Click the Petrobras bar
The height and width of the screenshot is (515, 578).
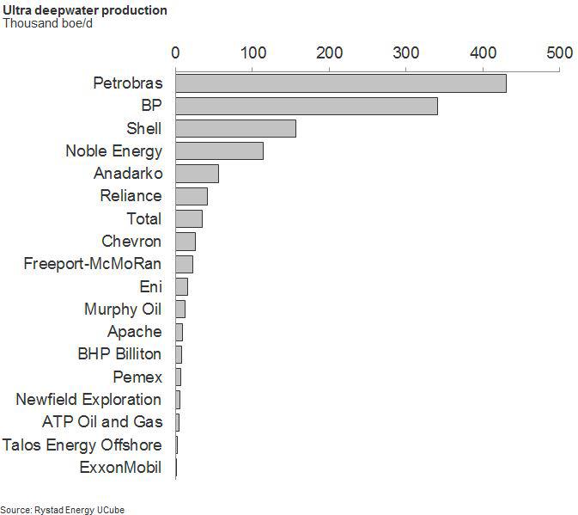pyautogui.click(x=341, y=83)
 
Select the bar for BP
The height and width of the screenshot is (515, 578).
pyautogui.click(x=307, y=106)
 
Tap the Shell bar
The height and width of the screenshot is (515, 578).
pyautogui.click(x=236, y=129)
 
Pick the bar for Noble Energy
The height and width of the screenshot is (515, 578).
pyautogui.click(x=219, y=151)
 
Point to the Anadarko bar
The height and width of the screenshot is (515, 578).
pyautogui.click(x=197, y=174)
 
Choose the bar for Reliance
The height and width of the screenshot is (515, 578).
pyautogui.click(x=192, y=196)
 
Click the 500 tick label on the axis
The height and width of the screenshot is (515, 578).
pyautogui.click(x=560, y=52)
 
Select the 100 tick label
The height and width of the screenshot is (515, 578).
pyautogui.click(x=252, y=52)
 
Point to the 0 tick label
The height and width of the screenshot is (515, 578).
pyautogui.click(x=176, y=52)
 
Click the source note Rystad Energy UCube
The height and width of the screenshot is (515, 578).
pyautogui.click(x=63, y=510)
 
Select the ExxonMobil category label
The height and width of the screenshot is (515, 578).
pyautogui.click(x=120, y=468)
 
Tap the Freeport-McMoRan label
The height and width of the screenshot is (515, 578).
pyautogui.click(x=93, y=264)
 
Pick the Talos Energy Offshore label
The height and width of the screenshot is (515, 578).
pyautogui.click(x=82, y=445)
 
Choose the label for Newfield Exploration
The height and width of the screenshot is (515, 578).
pyautogui.click(x=88, y=400)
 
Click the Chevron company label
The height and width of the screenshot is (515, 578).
pyautogui.click(x=131, y=242)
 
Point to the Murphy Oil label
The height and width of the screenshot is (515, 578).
pyautogui.click(x=123, y=310)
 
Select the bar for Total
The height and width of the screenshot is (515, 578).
pyautogui.click(x=189, y=219)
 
